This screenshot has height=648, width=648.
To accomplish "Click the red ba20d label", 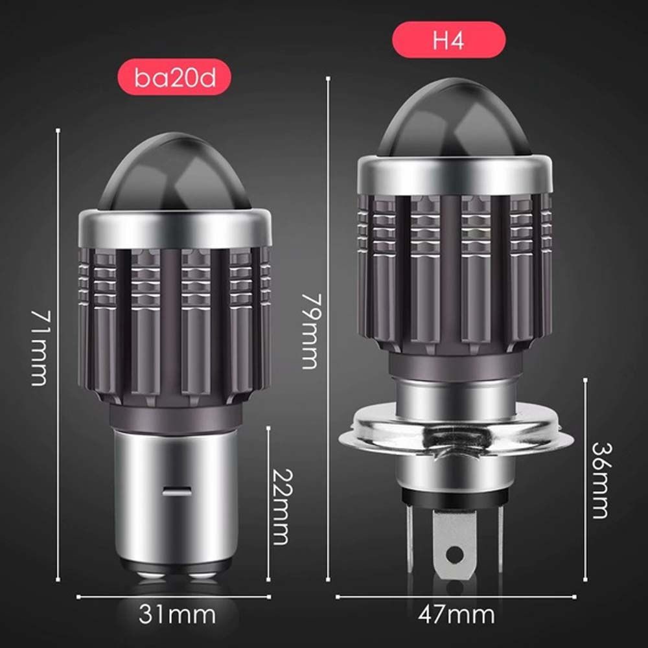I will (174, 78).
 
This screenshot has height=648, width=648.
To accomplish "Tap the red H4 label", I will (449, 40).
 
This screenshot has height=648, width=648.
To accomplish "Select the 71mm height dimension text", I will (39, 347).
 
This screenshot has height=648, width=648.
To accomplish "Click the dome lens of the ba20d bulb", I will (174, 172).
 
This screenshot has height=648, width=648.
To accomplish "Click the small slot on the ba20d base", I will (176, 492).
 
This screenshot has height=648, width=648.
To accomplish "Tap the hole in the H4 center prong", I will (456, 555).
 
